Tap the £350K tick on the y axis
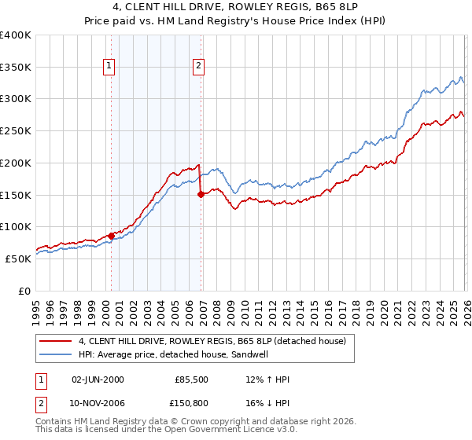pos(16,67)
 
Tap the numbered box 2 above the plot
pos(199,66)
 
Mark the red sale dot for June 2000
pos(111,236)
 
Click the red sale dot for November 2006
pos(201,194)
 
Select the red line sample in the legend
pos(57,341)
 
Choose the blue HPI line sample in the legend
pos(57,354)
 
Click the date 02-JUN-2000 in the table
pos(98,380)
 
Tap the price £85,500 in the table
pos(193,380)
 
